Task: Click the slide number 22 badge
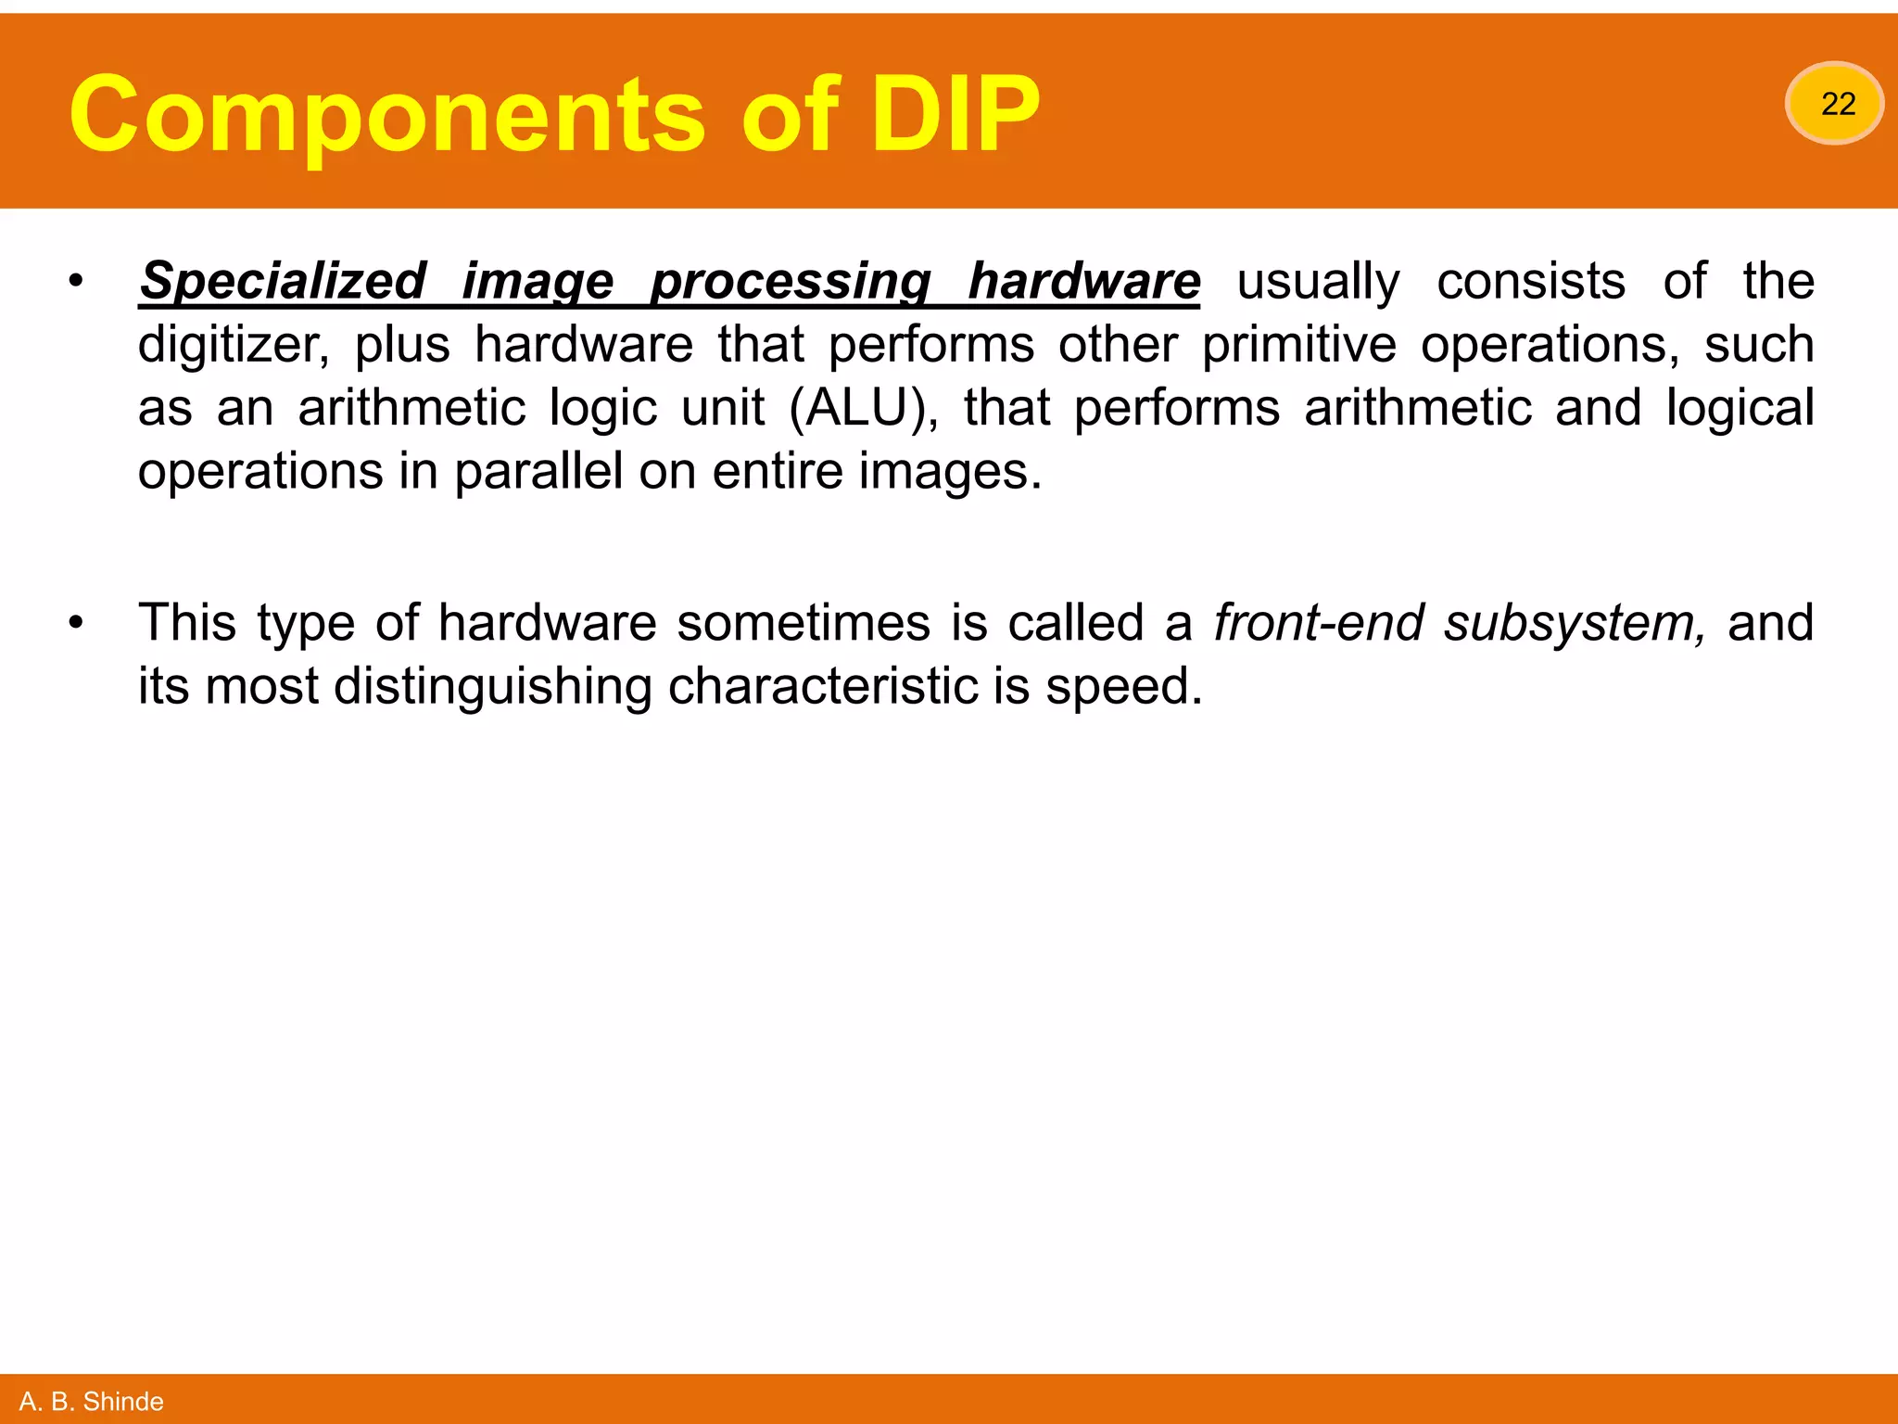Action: [x=1835, y=104]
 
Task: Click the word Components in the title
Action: [x=386, y=115]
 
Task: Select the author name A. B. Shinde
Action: [x=91, y=1401]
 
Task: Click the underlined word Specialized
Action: [x=283, y=282]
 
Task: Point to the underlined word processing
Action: [x=791, y=282]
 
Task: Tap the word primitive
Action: [x=1298, y=345]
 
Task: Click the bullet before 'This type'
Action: [x=76, y=623]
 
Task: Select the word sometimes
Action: [x=803, y=623]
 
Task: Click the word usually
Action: [x=1318, y=282]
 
